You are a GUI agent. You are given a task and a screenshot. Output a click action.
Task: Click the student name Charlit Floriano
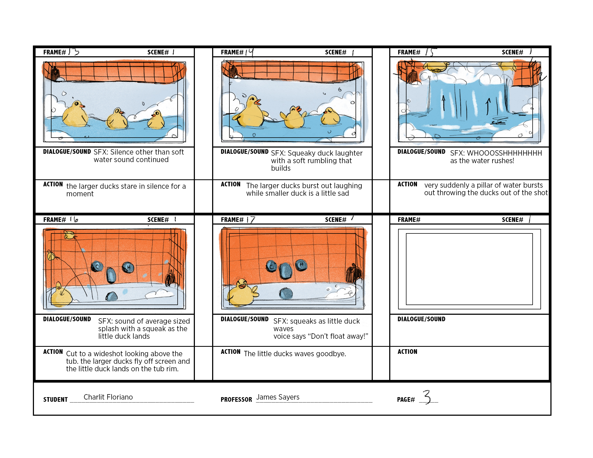pyautogui.click(x=108, y=397)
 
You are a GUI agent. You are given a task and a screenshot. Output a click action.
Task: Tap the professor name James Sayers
pyautogui.click(x=278, y=397)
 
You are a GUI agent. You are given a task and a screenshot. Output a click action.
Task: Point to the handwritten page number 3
pyautogui.click(x=427, y=397)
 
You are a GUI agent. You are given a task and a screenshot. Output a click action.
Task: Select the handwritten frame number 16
pyautogui.click(x=74, y=219)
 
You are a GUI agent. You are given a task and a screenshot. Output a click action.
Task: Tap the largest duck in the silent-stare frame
pyautogui.click(x=75, y=114)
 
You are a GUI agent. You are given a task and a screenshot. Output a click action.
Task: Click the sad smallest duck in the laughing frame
pyautogui.click(x=330, y=117)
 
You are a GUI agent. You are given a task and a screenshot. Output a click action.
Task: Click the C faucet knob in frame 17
pyautogui.click(x=271, y=266)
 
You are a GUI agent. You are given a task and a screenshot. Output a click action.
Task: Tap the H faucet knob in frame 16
pyautogui.click(x=128, y=267)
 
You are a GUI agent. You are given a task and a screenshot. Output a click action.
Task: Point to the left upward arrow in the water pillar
pyautogui.click(x=444, y=103)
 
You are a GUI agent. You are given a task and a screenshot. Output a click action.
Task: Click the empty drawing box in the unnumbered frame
pyautogui.click(x=469, y=269)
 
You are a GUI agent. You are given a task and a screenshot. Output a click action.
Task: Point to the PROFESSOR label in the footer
pyautogui.click(x=236, y=399)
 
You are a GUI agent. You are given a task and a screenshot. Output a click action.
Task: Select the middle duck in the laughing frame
pyautogui.click(x=294, y=118)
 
